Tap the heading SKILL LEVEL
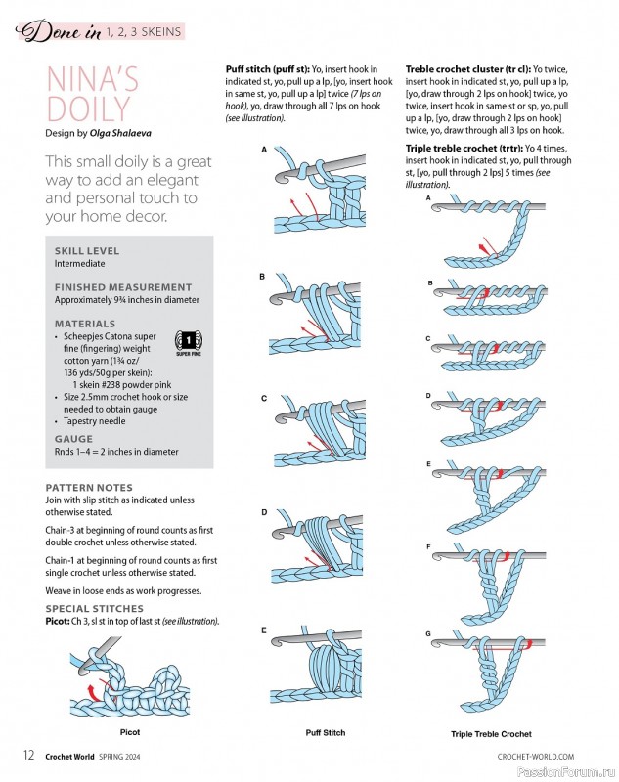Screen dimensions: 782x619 pyautogui.click(x=88, y=251)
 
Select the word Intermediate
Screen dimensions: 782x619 pyautogui.click(x=80, y=263)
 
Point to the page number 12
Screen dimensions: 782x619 pyautogui.click(x=29, y=755)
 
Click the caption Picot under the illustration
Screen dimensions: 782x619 pyautogui.click(x=130, y=730)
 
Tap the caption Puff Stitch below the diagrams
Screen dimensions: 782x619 pyautogui.click(x=326, y=732)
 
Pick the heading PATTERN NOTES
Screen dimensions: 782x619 pyautogui.click(x=89, y=487)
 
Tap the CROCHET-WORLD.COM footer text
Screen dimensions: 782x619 pyautogui.click(x=535, y=756)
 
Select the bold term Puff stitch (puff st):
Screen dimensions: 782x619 pyautogui.click(x=267, y=70)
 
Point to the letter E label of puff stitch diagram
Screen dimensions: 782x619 pyautogui.click(x=263, y=631)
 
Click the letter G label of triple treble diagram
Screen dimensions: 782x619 pyautogui.click(x=428, y=634)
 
